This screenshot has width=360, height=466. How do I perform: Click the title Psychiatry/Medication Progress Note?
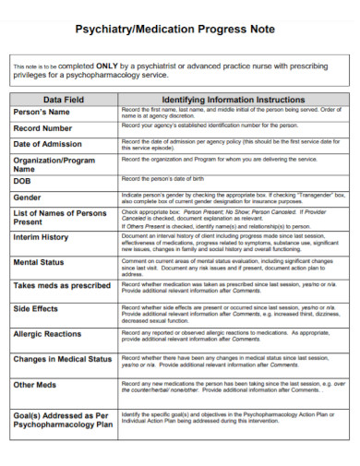(x=179, y=29)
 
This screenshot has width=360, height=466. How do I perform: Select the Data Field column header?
(x=66, y=99)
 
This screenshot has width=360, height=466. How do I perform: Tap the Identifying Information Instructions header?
(x=234, y=99)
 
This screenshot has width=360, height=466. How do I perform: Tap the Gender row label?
(x=29, y=197)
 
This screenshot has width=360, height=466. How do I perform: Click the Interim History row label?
(x=42, y=237)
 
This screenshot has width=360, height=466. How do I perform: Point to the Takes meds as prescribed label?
(x=62, y=285)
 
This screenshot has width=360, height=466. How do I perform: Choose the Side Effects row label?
(x=37, y=309)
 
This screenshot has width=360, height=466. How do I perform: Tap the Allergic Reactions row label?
(x=48, y=333)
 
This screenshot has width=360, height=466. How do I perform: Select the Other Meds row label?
(x=36, y=384)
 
